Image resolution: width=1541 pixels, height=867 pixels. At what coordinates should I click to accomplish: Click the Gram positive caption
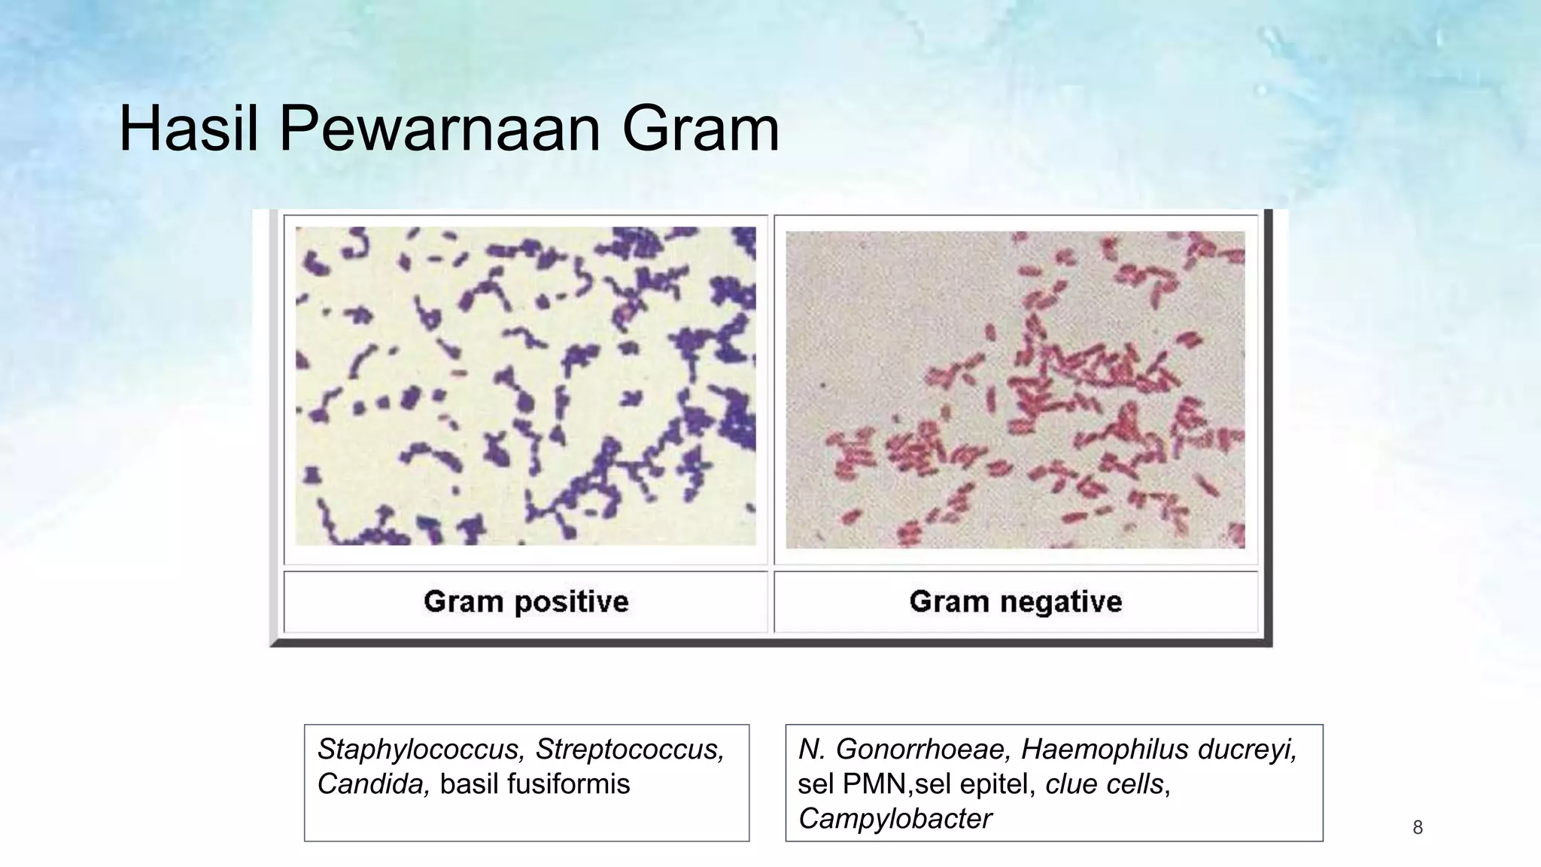coord(526,601)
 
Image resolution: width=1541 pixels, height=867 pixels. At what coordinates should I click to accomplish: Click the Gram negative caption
coord(1015,601)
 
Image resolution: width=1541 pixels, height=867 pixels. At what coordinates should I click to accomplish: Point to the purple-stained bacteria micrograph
coord(525,386)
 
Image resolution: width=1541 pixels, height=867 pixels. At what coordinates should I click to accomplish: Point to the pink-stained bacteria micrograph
coord(1015,389)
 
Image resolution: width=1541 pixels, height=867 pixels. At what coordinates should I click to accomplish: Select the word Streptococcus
coord(630,750)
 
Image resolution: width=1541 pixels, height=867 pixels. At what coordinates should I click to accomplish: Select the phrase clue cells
coord(1104,784)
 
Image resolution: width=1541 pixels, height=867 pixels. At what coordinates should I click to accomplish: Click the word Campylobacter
coord(895,819)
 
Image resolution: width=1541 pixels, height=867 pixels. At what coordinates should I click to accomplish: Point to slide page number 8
coord(1418,828)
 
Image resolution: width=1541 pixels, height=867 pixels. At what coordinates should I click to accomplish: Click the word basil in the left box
coord(470,784)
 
